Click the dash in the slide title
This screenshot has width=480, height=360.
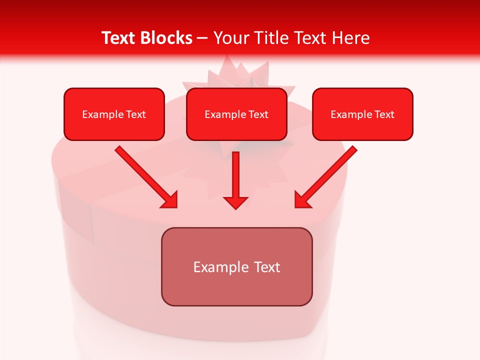(202, 38)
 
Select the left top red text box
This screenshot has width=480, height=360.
(114, 114)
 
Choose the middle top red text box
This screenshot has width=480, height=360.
(236, 114)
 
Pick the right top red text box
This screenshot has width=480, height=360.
(362, 114)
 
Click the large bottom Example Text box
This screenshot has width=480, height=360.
(236, 266)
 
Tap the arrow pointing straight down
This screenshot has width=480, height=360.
(235, 177)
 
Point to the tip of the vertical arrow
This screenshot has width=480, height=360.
(235, 207)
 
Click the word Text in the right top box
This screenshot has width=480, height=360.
(384, 114)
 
